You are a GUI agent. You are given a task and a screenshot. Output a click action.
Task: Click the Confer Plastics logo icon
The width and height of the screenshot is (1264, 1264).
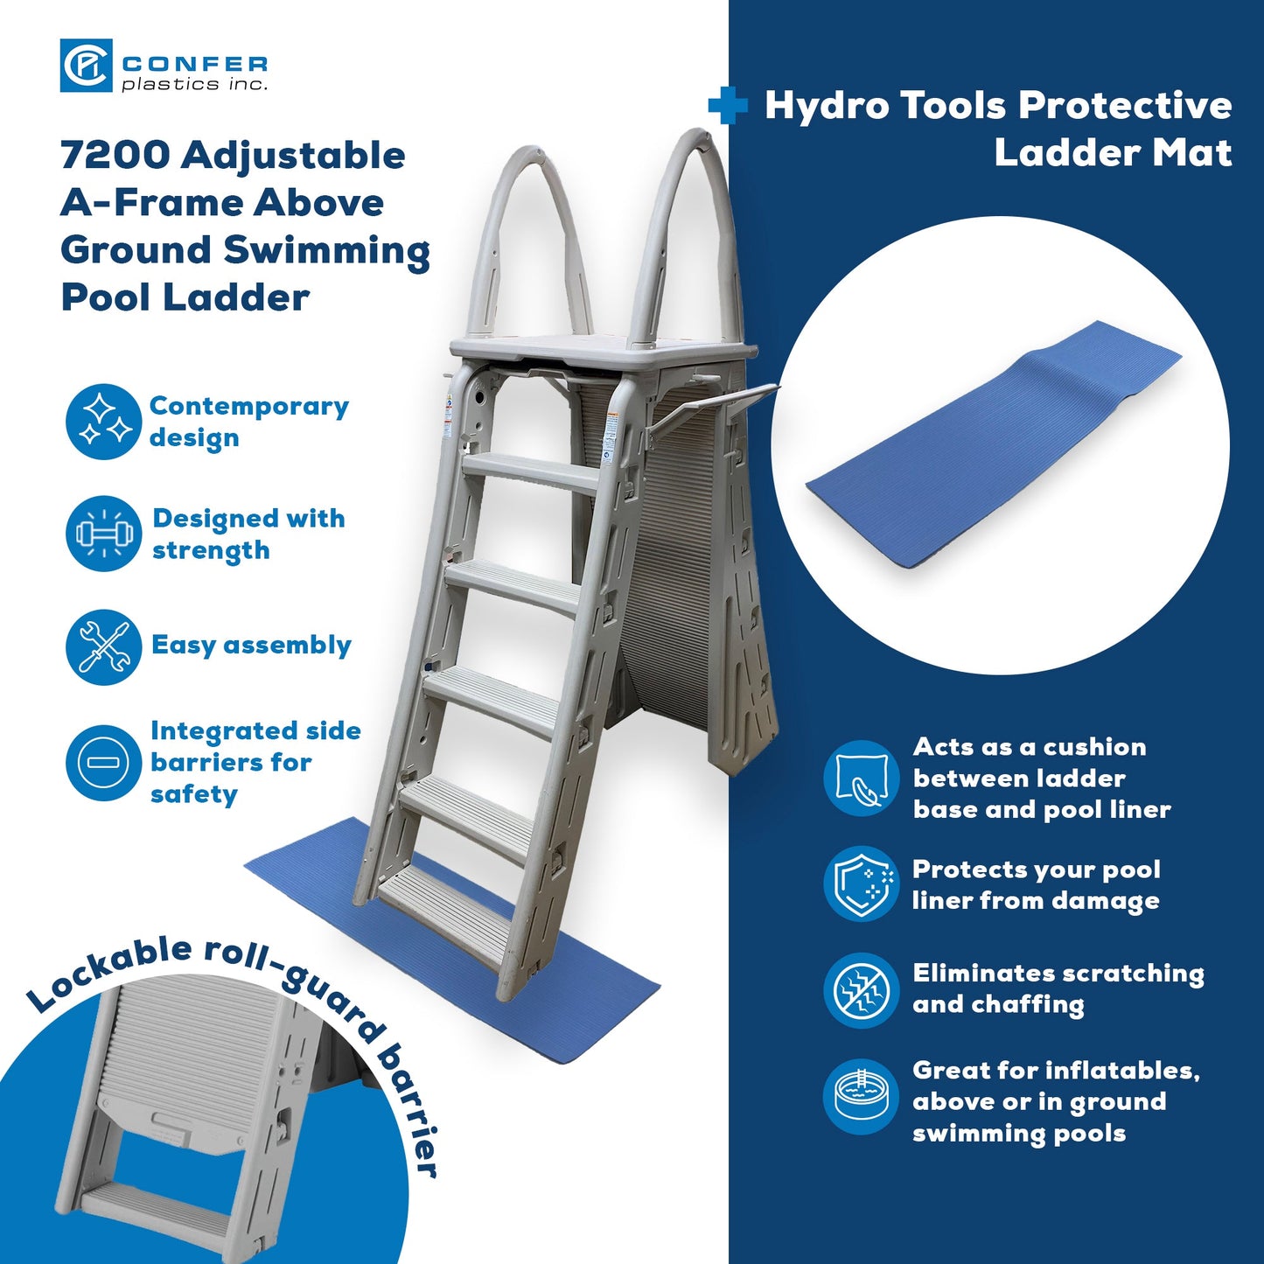pyautogui.click(x=85, y=66)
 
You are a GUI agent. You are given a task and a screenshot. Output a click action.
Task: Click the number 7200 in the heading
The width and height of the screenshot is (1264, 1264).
pyautogui.click(x=115, y=156)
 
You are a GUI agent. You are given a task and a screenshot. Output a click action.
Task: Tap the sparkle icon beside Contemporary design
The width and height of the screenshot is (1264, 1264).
pyautogui.click(x=103, y=422)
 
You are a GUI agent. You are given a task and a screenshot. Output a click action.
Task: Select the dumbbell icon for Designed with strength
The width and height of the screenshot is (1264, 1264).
pyautogui.click(x=103, y=534)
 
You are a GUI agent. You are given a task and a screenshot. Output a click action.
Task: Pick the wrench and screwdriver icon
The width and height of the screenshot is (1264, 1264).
pyautogui.click(x=103, y=646)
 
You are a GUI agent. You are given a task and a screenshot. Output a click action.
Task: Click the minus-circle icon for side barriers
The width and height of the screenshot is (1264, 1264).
pyautogui.click(x=103, y=763)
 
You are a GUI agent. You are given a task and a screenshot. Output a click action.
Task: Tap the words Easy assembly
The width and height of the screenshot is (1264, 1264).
pyautogui.click(x=251, y=646)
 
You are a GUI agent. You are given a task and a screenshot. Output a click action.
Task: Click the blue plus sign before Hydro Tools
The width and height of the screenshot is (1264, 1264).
pyautogui.click(x=728, y=107)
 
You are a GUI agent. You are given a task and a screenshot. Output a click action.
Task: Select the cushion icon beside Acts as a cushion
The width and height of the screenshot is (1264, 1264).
pyautogui.click(x=861, y=778)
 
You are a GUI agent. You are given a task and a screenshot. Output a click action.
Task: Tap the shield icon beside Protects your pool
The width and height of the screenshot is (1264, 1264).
pyautogui.click(x=861, y=883)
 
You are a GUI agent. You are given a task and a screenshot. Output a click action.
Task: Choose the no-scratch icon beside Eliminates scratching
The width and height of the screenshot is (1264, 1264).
pyautogui.click(x=861, y=990)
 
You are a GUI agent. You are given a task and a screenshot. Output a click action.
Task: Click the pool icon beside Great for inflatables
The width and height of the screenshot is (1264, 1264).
pyautogui.click(x=861, y=1097)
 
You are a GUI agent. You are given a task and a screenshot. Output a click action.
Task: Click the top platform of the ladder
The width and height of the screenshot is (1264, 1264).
pyautogui.click(x=604, y=350)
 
